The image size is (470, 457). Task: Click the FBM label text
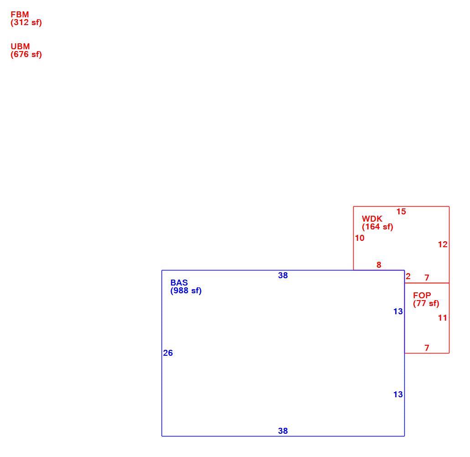20,15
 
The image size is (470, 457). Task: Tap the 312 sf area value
26,22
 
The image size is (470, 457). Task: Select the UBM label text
21,47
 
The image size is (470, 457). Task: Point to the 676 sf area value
26,55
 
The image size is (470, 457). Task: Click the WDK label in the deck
372,219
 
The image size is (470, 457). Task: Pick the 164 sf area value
377,227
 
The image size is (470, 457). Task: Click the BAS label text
179,283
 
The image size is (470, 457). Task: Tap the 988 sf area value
186,291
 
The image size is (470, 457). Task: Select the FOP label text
422,295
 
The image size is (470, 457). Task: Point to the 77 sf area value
426,303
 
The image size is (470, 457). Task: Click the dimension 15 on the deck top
401,212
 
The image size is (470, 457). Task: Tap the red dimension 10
360,238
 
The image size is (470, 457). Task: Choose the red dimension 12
443,244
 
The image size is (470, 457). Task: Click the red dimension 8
379,265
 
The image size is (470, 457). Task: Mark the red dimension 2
408,276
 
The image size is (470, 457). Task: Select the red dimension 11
443,318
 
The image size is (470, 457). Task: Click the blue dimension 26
168,353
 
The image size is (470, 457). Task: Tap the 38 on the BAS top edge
283,275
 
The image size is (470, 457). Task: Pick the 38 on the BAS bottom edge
283,431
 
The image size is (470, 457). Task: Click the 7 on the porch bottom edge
427,348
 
